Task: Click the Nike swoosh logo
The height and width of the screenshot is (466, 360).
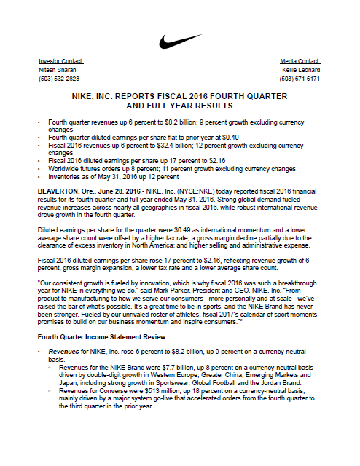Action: [180, 40]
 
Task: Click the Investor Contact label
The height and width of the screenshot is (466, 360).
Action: [60, 61]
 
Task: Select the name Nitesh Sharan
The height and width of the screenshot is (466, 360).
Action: [56, 70]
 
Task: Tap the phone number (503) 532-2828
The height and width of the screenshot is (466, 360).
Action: [59, 78]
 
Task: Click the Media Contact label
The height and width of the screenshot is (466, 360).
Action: [300, 61]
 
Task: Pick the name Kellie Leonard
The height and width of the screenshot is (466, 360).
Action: [301, 70]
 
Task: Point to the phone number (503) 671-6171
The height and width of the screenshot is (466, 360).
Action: [300, 78]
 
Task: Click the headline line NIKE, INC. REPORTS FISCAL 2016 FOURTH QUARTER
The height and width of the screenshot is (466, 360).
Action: [179, 96]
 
